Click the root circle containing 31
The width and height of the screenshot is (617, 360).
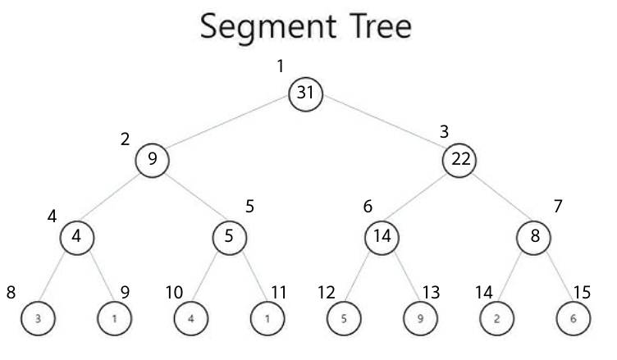(306, 94)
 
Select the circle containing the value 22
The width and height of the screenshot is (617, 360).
(459, 159)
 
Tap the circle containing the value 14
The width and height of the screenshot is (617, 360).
(382, 237)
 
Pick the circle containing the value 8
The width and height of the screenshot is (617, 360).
(534, 237)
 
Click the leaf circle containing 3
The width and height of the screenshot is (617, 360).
(37, 317)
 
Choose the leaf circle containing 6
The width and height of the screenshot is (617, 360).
(572, 317)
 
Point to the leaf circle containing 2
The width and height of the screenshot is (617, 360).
(496, 317)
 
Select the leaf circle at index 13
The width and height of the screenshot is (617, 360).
(420, 317)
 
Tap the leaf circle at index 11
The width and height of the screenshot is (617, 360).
(267, 317)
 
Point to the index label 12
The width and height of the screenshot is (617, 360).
(327, 291)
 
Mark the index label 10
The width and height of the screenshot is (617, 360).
(175, 291)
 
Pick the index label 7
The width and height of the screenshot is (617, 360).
(559, 206)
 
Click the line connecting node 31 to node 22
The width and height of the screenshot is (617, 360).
(383, 127)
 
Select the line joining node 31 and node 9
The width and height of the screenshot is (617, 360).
(229, 127)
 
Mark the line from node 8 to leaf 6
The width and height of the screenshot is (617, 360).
(553, 277)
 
